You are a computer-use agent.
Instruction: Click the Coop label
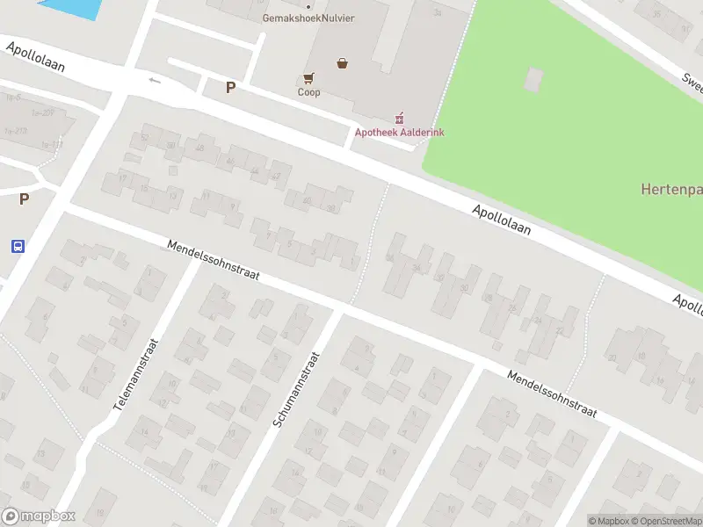point(308,92)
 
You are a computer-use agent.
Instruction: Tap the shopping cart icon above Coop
point(308,78)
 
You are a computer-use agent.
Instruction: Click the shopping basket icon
point(343,63)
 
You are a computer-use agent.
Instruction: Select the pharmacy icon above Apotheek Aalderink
point(399,117)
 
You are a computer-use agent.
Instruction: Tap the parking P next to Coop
point(230,87)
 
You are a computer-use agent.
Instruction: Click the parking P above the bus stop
point(24,199)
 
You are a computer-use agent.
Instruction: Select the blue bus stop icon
point(18,246)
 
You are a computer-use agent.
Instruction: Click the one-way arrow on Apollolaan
point(156,81)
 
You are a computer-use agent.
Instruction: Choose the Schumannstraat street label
point(295,389)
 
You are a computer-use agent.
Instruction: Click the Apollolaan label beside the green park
point(502,220)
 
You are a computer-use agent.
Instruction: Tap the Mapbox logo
point(39,516)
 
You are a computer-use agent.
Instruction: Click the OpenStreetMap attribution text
point(664,521)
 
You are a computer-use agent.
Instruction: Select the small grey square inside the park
point(534,79)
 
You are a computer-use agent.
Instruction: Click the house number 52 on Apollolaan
point(145,137)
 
